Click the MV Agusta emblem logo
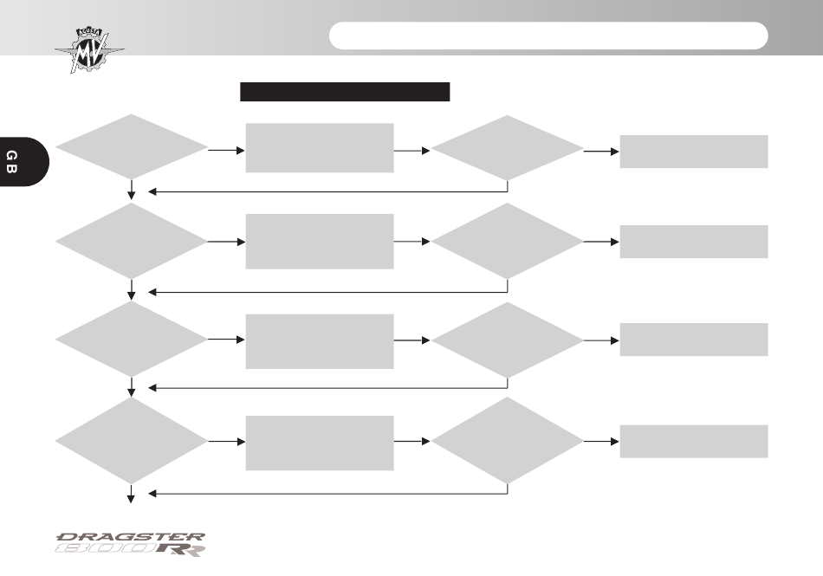click(x=90, y=50)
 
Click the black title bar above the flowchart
click(x=345, y=92)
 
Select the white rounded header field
click(x=548, y=36)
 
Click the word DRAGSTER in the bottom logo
click(x=131, y=537)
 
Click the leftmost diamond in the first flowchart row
click(x=131, y=147)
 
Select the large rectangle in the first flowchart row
click(x=320, y=148)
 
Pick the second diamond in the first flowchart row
click(x=507, y=148)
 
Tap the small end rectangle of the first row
click(x=694, y=152)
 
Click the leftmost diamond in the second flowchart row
click(x=131, y=242)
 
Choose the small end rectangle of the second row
click(x=694, y=242)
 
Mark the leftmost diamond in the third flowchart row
click(x=131, y=340)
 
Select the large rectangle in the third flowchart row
click(x=320, y=341)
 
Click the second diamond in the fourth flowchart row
click(x=507, y=441)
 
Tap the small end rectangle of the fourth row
click(x=694, y=442)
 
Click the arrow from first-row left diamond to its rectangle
click(x=227, y=151)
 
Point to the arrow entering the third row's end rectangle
click(x=601, y=340)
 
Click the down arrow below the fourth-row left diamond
click(x=131, y=495)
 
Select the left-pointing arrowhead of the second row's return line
click(x=152, y=292)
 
